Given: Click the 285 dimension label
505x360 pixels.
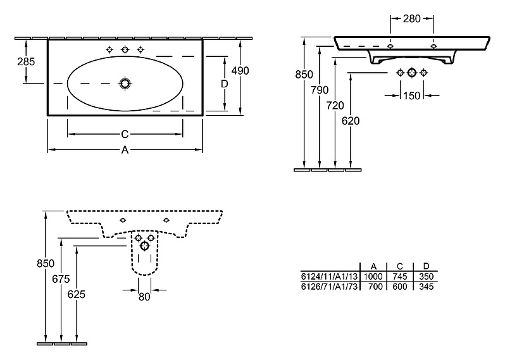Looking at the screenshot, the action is pos(26,61).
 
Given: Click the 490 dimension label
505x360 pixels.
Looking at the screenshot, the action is pos(240,70).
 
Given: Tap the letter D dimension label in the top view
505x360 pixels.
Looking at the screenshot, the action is pos(225,84).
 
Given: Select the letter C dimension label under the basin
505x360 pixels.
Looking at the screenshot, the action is pos(125,134).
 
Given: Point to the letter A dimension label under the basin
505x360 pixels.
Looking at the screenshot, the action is pos(125,150).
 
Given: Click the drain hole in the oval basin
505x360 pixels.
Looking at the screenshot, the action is pos(125,84).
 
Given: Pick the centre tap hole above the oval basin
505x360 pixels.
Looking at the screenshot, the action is pos(125,49).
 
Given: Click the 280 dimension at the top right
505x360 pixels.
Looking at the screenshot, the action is pos(412,19).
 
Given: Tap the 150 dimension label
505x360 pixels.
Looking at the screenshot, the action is pos(412,96).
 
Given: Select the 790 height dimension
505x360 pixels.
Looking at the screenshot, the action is pos(320,90).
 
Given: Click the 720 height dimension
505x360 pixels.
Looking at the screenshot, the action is pos(335,105).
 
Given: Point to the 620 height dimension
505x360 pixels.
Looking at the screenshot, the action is pos(351,121).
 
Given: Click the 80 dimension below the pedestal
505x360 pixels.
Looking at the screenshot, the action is pos(144,297).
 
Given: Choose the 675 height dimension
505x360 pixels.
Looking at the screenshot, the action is pos(61,279).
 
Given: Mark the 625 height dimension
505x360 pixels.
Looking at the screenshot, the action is pos(77,294).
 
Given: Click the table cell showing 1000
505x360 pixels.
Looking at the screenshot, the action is pos(373,276).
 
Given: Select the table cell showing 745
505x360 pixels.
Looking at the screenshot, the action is pos(400,276).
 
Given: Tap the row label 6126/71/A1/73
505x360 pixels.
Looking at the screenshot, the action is pos(330,287).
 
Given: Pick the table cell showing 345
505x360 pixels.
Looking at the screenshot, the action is pos(427,287).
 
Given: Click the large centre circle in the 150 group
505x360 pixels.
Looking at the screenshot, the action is pos(411,73).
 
